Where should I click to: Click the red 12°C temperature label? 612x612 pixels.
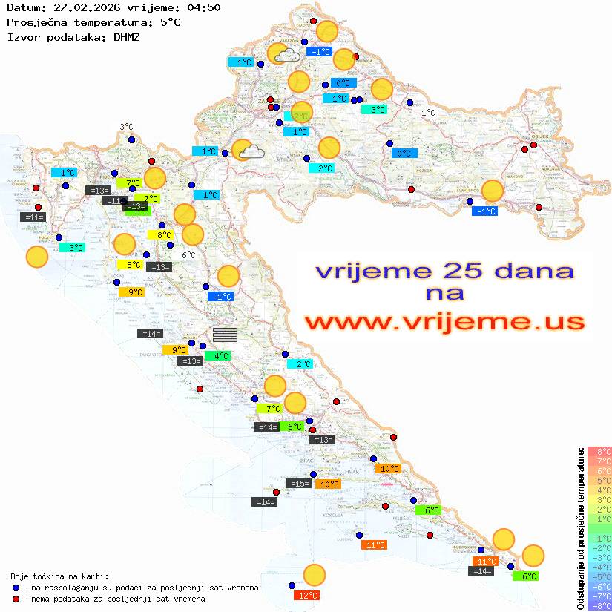[x=306, y=595]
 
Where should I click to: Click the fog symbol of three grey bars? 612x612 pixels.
[x=225, y=334]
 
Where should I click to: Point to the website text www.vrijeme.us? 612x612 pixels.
[x=444, y=322]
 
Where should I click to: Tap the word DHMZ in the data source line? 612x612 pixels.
[x=127, y=36]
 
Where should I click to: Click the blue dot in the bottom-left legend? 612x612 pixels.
[x=16, y=588]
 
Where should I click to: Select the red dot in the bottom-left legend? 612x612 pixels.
[x=16, y=599]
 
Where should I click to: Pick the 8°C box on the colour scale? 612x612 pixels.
[x=599, y=451]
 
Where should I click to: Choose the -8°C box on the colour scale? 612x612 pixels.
[x=599, y=605]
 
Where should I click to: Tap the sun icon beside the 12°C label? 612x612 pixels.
[x=315, y=575]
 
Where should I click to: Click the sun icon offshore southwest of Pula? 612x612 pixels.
[x=37, y=257]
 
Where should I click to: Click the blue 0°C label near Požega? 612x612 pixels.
[x=404, y=154]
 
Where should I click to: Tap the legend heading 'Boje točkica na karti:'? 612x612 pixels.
[x=59, y=576]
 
